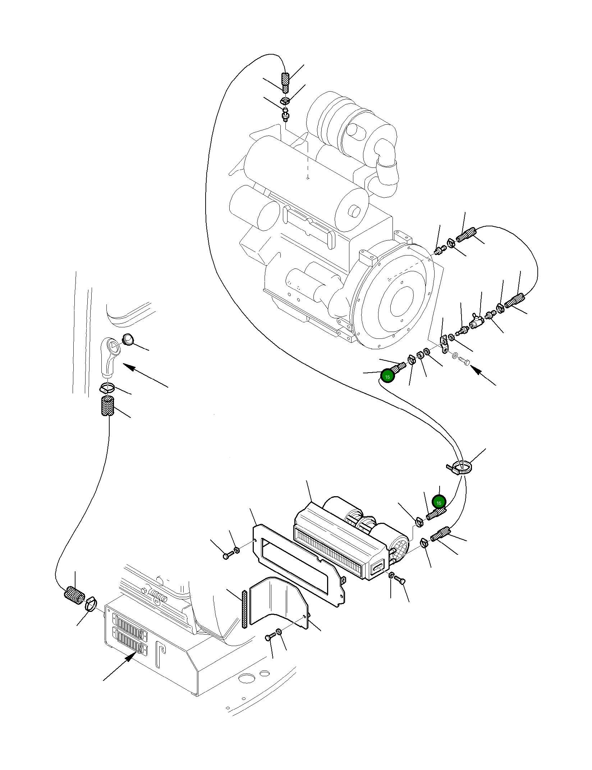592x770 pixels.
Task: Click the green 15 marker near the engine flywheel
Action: point(387,377)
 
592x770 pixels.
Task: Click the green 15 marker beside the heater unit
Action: point(439,503)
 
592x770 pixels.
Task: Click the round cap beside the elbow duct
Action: point(128,339)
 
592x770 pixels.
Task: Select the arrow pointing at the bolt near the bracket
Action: point(483,376)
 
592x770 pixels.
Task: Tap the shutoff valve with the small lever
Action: point(475,322)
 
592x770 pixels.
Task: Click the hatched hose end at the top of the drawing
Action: point(285,83)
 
